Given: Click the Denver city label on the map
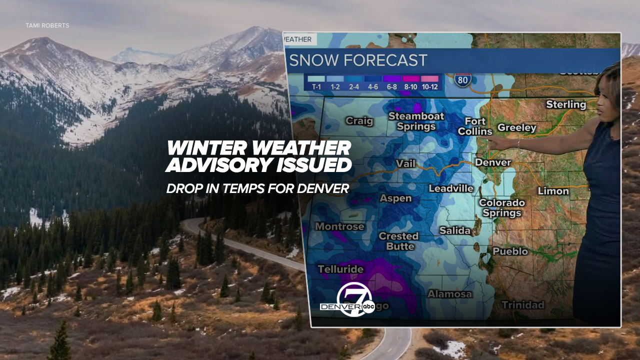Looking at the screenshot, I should pos(492,162).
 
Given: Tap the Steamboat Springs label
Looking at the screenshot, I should pos(416,121).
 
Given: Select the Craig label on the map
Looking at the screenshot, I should pos(359,121).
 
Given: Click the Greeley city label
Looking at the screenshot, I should pos(516,128).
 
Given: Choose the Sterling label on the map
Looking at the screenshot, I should pos(565,104).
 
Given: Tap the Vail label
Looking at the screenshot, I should pos(405,163).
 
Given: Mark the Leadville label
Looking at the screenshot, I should pos(450,188).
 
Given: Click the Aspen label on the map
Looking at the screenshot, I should pos(395,198).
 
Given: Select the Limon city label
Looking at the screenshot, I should pos(553,191).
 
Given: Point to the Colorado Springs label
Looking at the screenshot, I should pos(501,208).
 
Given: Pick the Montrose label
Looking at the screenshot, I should pos(339,226).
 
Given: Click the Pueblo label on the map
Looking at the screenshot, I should pos(510,251).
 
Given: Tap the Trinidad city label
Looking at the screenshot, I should pos(522,305).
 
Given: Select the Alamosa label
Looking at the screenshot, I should pos(449,294).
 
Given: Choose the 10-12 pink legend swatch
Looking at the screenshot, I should pos(429,78).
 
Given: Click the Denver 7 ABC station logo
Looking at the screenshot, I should pos(349,300).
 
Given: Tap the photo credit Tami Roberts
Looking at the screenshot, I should pos(47,25).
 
